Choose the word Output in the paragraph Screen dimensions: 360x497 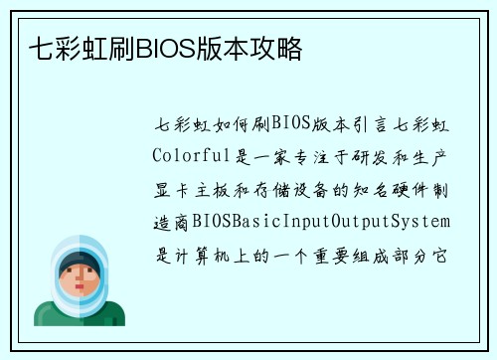361,220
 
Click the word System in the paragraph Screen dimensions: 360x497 423,220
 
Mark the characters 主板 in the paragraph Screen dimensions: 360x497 217,189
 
